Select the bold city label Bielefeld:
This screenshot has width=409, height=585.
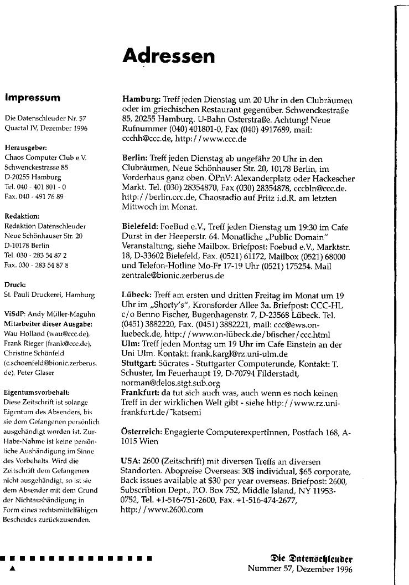[x=140, y=226]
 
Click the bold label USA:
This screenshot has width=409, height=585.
[x=130, y=460]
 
